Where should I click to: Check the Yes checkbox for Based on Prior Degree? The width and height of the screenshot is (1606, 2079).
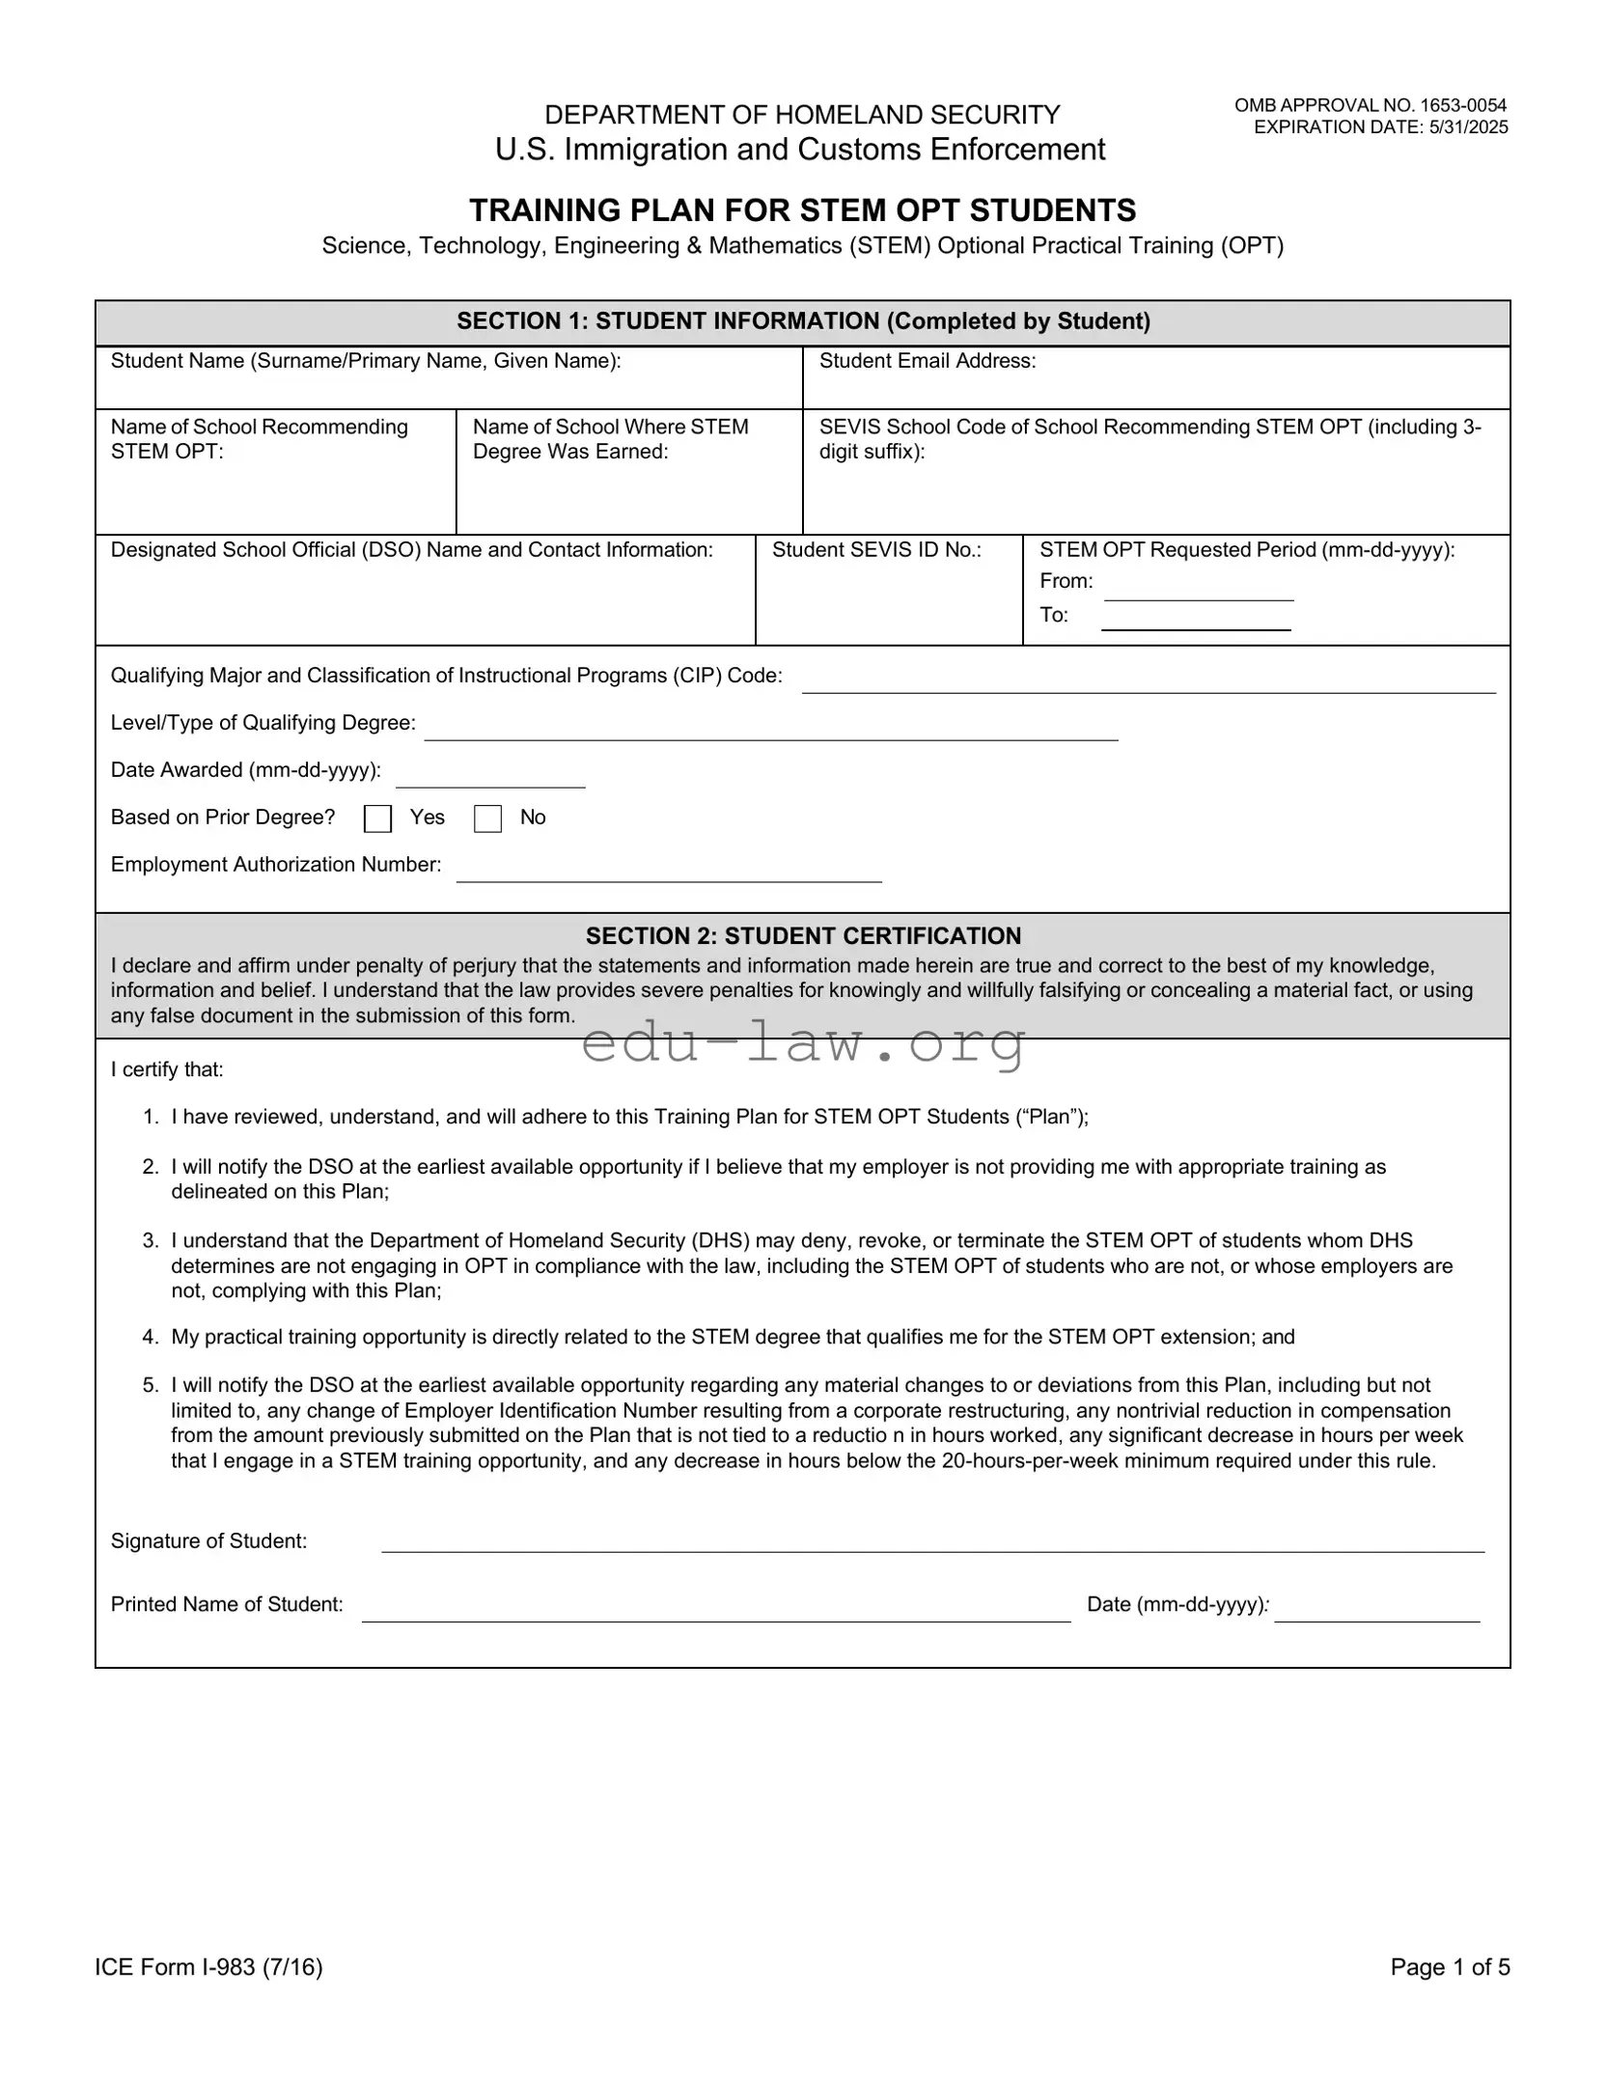377,818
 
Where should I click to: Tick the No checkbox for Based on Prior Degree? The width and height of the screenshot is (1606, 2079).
487,818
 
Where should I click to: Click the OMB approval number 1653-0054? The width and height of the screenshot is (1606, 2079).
1370,105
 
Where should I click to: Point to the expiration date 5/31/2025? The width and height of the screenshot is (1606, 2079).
1380,127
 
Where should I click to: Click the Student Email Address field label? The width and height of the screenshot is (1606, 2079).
927,361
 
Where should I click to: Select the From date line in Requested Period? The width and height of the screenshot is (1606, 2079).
1198,591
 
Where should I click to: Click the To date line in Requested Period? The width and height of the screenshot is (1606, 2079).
1196,622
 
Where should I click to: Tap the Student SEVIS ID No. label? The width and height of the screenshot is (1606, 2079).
875,550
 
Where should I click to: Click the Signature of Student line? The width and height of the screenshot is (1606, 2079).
931,1541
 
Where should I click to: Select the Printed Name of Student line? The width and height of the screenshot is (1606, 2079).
715,1611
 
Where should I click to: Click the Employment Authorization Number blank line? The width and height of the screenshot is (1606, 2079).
668,873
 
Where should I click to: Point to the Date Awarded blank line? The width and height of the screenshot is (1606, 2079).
490,778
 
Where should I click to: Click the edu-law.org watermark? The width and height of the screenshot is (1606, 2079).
803,1043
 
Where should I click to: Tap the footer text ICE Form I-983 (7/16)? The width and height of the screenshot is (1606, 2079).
208,1967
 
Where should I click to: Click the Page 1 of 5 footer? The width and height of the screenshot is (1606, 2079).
1449,1967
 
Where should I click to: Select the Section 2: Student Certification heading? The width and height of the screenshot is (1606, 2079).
803,935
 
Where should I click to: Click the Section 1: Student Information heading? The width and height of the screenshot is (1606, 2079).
803,321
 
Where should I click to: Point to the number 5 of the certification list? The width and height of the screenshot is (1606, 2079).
150,1385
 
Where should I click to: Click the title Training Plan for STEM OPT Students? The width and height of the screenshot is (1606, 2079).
802,209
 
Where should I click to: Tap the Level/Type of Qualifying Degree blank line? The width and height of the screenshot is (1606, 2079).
770,731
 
